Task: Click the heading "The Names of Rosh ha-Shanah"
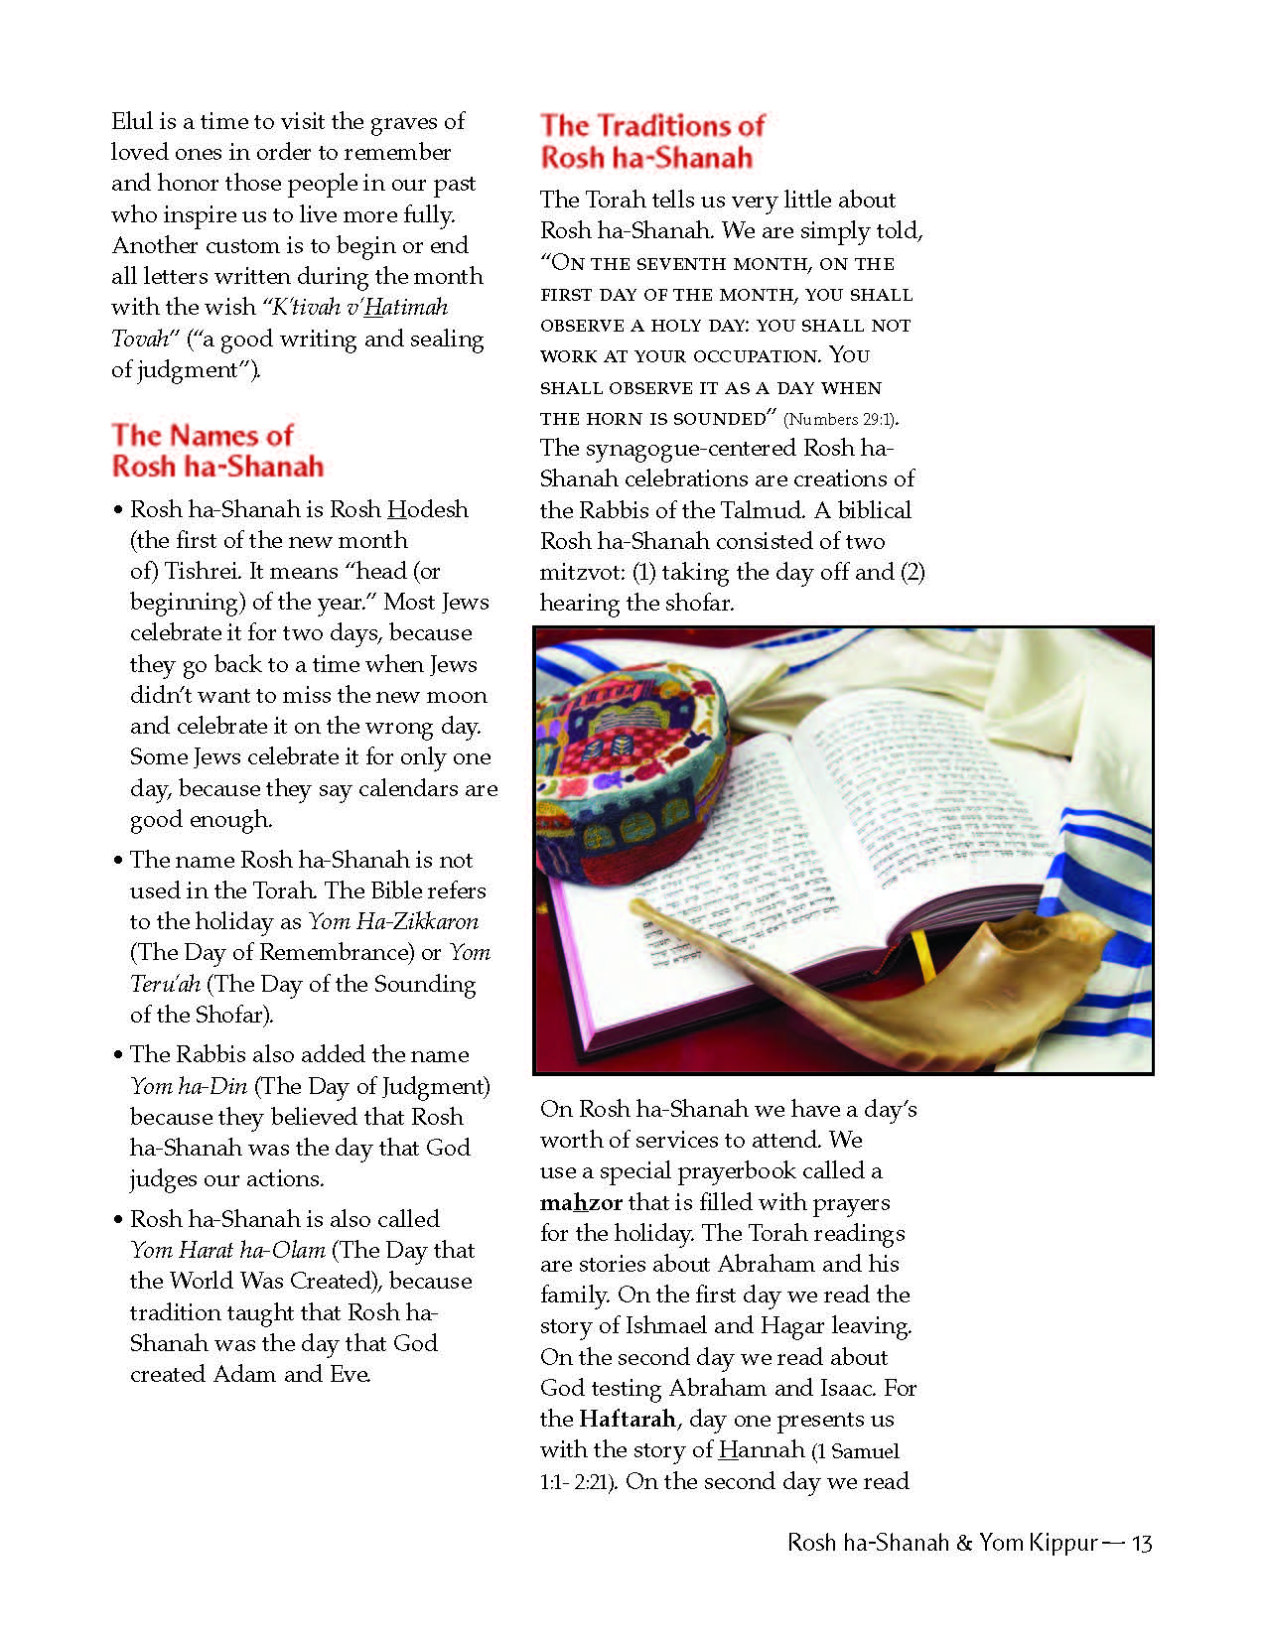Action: pyautogui.click(x=217, y=451)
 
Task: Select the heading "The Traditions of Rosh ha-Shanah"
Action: pyautogui.click(x=651, y=141)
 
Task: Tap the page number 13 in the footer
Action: pyautogui.click(x=1141, y=1543)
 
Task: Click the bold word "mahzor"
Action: pyautogui.click(x=581, y=1202)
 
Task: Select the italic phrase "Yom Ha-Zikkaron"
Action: pyautogui.click(x=393, y=921)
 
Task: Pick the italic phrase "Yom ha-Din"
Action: pyautogui.click(x=189, y=1086)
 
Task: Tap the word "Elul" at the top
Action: pyautogui.click(x=132, y=122)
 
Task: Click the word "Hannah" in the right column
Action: pyautogui.click(x=761, y=1449)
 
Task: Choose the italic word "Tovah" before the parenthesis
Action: pyautogui.click(x=140, y=339)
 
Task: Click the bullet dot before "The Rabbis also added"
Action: pyautogui.click(x=118, y=1055)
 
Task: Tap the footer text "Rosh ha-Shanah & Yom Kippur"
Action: pyautogui.click(x=942, y=1543)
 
